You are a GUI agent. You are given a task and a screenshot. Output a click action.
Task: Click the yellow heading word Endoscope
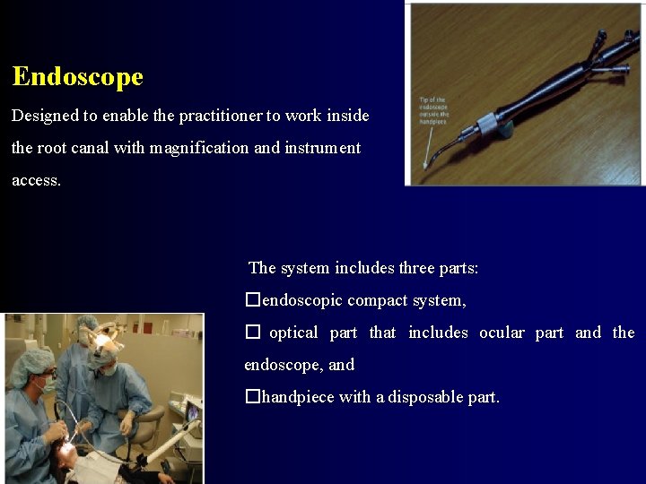coord(78,76)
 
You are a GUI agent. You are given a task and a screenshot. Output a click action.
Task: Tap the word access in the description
coord(36,180)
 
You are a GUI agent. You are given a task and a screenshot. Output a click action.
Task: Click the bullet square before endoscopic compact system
coord(252,300)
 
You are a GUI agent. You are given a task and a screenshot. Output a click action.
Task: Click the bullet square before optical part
coord(252,333)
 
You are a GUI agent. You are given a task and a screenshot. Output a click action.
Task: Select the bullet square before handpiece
coord(252,397)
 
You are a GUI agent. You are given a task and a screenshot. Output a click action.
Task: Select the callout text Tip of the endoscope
coord(433,110)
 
